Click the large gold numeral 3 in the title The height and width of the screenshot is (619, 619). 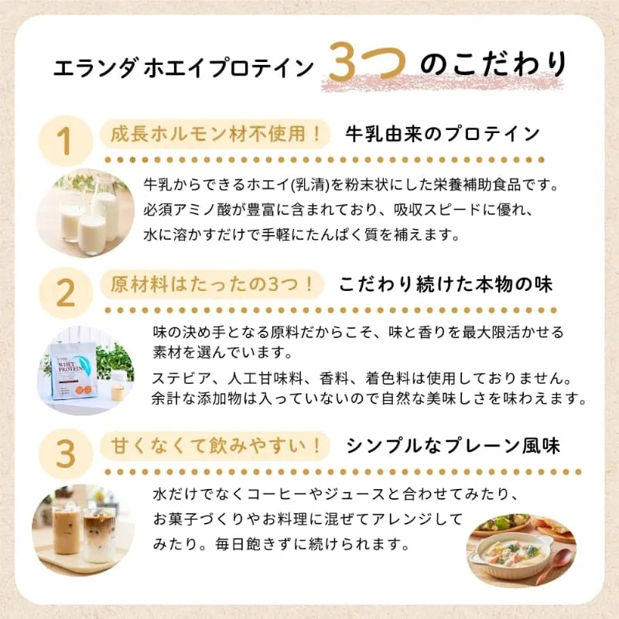(x=345, y=62)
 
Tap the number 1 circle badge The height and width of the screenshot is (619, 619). (x=65, y=141)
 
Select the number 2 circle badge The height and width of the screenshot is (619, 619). (x=65, y=293)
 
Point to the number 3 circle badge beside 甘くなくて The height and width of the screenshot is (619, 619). (x=65, y=454)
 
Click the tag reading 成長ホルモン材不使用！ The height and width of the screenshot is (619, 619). (x=215, y=135)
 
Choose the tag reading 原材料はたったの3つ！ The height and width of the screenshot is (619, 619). (x=212, y=285)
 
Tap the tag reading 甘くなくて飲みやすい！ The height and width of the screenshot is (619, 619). (x=215, y=446)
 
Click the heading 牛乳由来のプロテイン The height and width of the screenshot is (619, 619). (x=443, y=134)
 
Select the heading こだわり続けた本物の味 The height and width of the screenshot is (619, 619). (x=446, y=285)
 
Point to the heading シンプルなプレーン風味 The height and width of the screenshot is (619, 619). (x=453, y=446)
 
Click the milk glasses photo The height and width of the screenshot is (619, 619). (x=86, y=214)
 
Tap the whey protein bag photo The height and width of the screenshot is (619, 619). (x=86, y=371)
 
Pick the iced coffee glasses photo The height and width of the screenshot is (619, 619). (x=84, y=530)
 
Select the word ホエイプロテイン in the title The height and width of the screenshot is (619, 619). (x=228, y=68)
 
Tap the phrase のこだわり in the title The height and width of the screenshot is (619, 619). (x=494, y=64)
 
